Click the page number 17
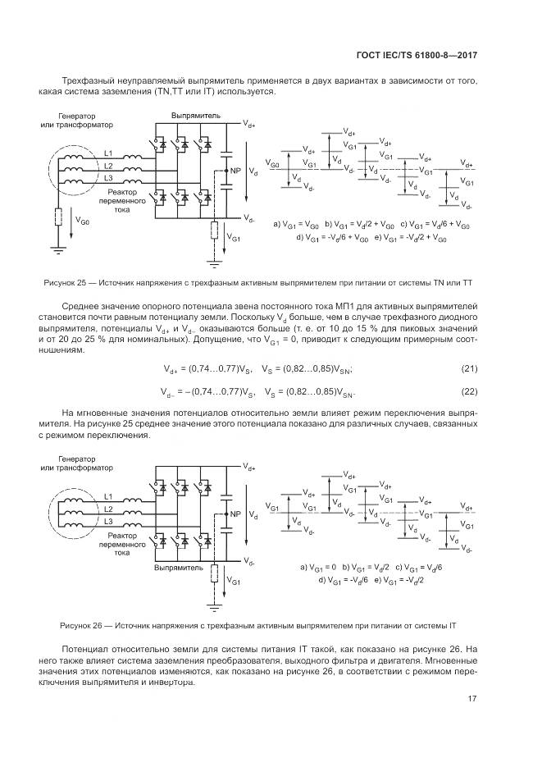point(473,698)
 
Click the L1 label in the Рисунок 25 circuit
point(108,153)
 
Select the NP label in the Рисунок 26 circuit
point(235,514)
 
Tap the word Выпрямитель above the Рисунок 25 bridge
point(195,116)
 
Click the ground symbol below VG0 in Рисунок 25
point(57,249)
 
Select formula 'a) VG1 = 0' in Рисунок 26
point(319,567)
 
